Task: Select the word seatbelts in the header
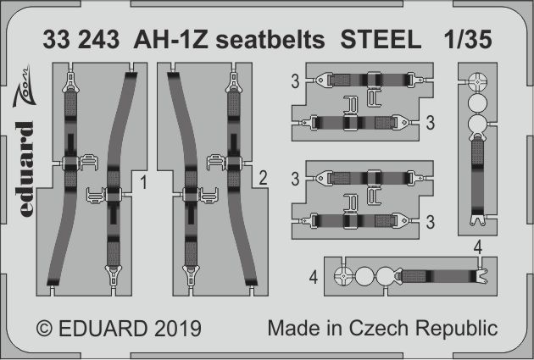(258, 40)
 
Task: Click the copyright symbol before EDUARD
(46, 327)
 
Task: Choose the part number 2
(264, 178)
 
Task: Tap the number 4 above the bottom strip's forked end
(479, 246)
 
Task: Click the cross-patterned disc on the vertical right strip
(477, 83)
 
